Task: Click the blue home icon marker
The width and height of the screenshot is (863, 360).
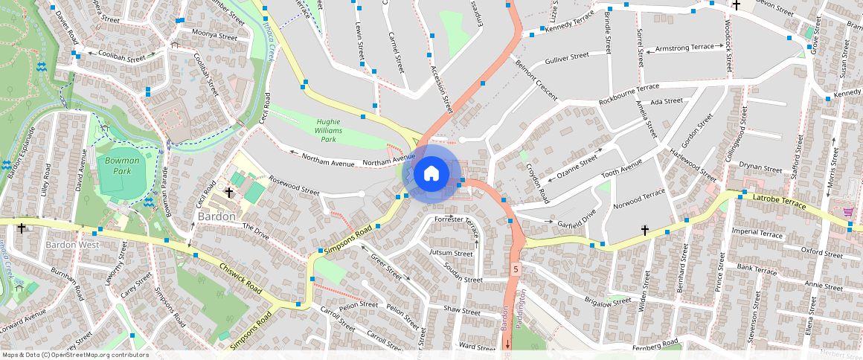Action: (x=431, y=173)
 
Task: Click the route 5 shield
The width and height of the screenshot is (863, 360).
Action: (x=514, y=267)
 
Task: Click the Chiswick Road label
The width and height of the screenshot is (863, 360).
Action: (x=240, y=276)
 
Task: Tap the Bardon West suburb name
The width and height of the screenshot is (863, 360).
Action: (x=72, y=244)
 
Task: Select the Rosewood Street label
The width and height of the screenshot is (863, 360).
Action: (x=294, y=184)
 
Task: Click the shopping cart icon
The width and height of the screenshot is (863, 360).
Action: (x=848, y=212)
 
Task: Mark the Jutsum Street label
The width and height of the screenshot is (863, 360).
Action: (x=452, y=254)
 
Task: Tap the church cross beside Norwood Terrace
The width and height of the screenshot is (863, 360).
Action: (x=645, y=231)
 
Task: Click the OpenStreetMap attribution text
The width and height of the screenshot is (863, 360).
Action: (x=74, y=355)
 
